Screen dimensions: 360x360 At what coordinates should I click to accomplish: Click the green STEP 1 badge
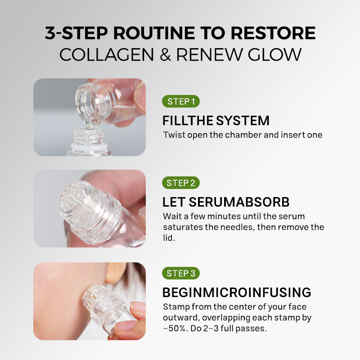(181, 101)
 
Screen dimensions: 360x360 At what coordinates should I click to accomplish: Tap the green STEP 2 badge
(181, 183)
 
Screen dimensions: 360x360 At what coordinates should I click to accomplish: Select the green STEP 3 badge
(181, 273)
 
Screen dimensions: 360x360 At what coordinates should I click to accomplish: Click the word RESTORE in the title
(273, 33)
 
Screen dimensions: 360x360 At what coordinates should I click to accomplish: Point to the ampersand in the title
(165, 54)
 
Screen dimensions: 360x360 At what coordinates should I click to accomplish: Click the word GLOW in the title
(274, 54)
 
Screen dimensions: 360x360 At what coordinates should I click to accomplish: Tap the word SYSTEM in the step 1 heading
(243, 121)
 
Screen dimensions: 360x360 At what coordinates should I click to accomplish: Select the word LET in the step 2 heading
(174, 202)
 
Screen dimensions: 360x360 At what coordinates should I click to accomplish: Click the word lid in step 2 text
(169, 238)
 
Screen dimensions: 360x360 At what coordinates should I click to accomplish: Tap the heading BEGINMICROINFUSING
(237, 292)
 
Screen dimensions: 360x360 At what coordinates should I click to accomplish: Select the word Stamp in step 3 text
(176, 307)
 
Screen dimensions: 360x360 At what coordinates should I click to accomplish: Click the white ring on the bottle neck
(89, 146)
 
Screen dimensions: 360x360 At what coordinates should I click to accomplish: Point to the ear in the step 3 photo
(115, 273)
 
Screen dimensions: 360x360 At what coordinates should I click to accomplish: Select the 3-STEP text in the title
(76, 33)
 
